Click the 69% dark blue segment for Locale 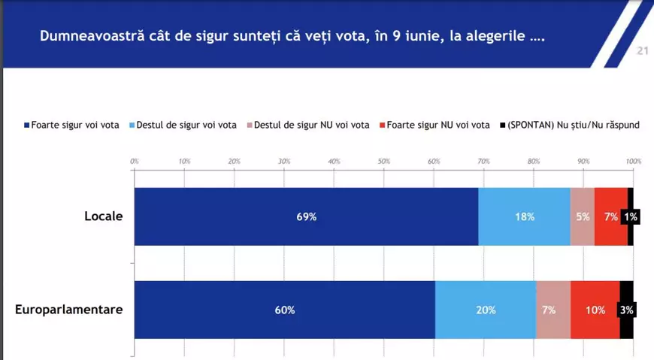[x=306, y=216]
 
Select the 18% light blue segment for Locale [x=524, y=216]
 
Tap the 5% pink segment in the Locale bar [x=582, y=216]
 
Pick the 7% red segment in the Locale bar [x=610, y=216]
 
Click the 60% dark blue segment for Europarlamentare [x=284, y=310]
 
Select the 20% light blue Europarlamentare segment [x=485, y=310]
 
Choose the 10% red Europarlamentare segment [x=595, y=310]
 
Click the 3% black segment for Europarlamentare [x=627, y=310]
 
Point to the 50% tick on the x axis [x=383, y=161]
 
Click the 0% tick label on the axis [x=135, y=161]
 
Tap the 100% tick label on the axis [x=633, y=161]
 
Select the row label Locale [x=103, y=216]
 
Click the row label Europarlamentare [x=68, y=310]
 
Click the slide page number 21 [x=642, y=51]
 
